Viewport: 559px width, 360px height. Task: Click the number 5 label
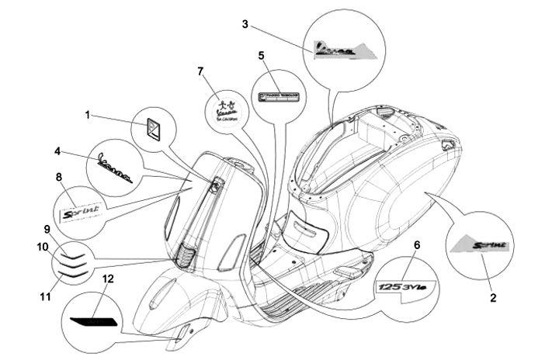[261, 56]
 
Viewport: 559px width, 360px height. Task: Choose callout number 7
[200, 71]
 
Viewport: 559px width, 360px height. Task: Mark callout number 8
[59, 177]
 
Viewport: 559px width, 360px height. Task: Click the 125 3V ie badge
[406, 286]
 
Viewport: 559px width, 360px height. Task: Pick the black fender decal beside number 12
[92, 319]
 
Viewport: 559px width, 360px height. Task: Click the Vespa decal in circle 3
[340, 50]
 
